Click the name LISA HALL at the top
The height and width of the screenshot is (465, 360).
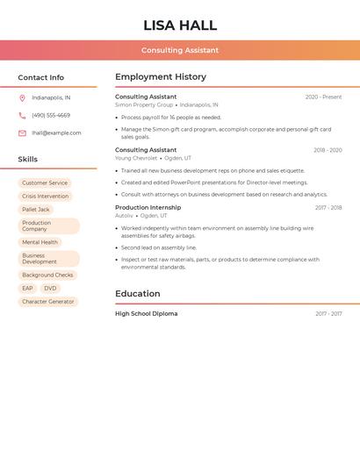point(180,25)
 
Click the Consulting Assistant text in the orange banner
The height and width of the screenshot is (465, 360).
point(180,50)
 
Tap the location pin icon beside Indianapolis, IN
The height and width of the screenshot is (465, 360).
point(22,97)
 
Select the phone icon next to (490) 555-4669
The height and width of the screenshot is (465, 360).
point(22,115)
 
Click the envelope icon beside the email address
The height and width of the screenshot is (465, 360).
point(22,132)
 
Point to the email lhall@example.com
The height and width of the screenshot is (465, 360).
point(56,132)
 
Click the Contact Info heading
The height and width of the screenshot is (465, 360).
point(41,77)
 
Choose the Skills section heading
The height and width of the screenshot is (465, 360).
point(28,159)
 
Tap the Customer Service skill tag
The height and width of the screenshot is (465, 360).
point(45,183)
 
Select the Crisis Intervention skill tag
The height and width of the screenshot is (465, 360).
point(45,197)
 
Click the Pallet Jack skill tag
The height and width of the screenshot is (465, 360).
point(36,210)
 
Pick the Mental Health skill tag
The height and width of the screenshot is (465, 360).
point(40,242)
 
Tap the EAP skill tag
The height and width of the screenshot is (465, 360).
point(27,288)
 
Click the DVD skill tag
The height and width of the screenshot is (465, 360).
point(50,288)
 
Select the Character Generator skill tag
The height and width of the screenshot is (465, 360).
point(48,302)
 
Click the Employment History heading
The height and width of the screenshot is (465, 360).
point(161,76)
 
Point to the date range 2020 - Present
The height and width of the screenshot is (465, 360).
point(323,97)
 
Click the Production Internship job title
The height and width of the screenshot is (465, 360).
point(148,207)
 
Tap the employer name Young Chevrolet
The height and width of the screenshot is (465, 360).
point(136,158)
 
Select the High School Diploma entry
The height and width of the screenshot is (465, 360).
point(146,313)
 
